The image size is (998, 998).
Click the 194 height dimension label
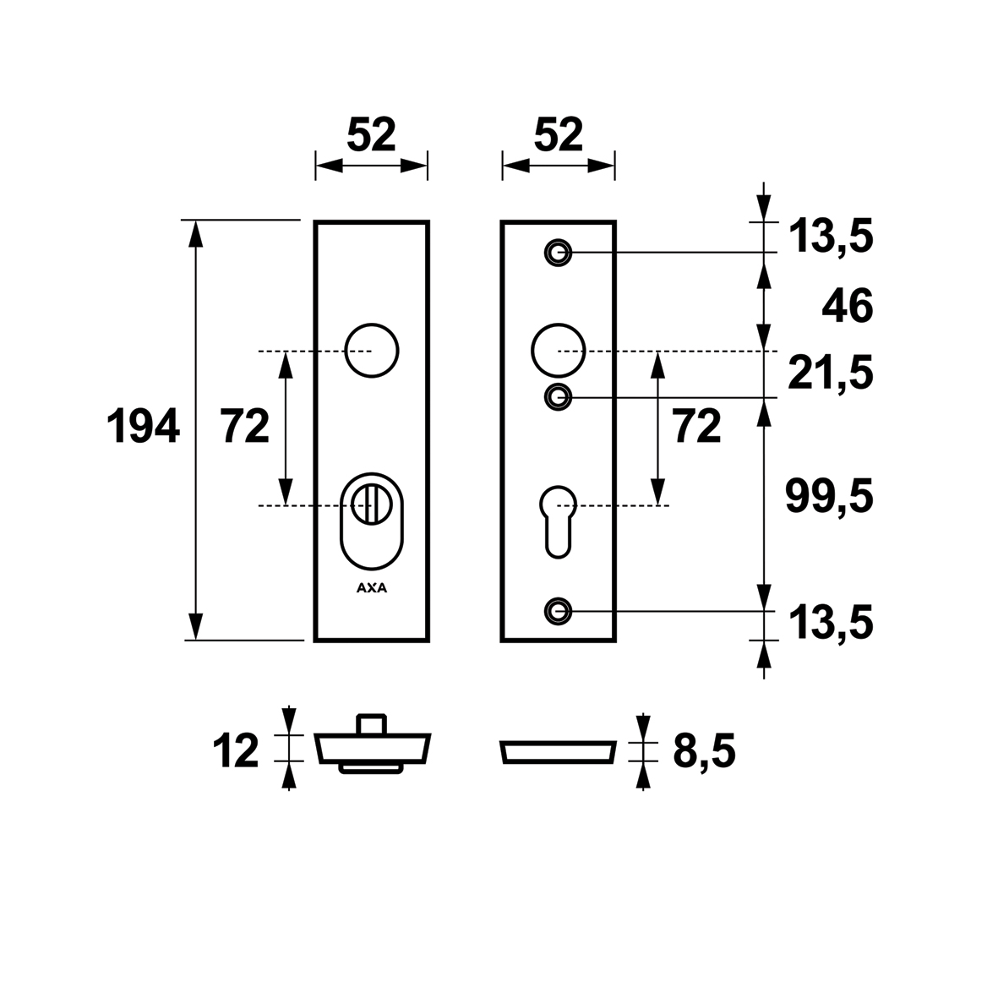(143, 426)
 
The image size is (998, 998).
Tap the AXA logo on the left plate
(372, 588)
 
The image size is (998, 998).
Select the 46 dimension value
(847, 306)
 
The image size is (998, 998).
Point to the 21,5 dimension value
(831, 374)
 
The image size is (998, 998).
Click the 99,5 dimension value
(829, 497)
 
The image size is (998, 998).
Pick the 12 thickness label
(236, 750)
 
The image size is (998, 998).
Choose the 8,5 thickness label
(704, 752)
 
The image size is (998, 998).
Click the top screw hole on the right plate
(559, 253)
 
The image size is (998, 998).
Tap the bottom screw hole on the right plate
(559, 612)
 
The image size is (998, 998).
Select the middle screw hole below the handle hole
(559, 397)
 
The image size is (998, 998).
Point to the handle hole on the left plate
(372, 351)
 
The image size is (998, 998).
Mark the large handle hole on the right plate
(559, 351)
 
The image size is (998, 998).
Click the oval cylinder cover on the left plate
(372, 521)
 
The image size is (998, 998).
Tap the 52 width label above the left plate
(372, 135)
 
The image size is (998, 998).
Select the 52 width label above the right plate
(559, 135)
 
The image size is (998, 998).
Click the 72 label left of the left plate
(245, 426)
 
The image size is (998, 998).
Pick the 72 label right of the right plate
(697, 426)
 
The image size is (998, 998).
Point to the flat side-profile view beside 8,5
(559, 752)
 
